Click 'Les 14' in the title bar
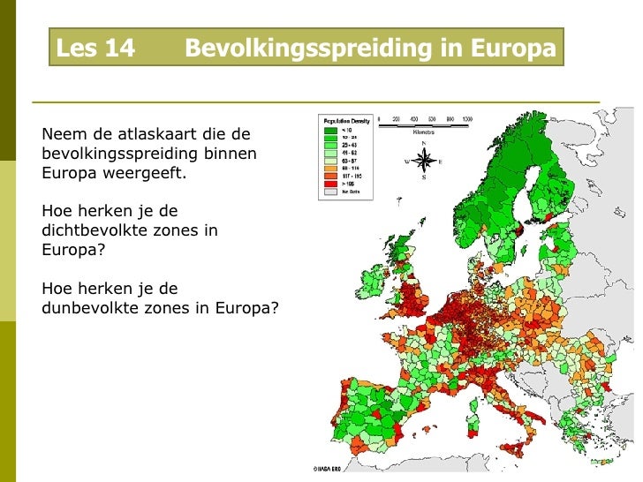(95, 49)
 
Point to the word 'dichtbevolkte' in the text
(92, 230)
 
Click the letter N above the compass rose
(425, 144)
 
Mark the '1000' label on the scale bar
(465, 118)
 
